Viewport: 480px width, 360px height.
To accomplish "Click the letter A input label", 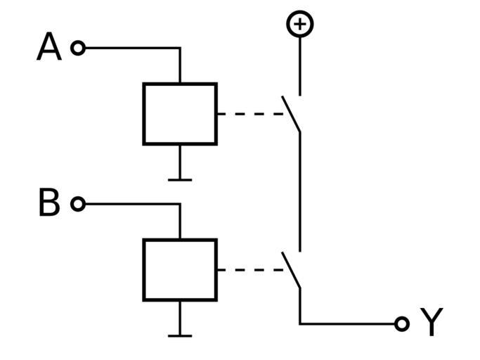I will [48, 48].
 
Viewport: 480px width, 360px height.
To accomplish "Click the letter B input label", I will [48, 204].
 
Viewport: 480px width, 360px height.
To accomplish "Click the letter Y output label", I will [432, 323].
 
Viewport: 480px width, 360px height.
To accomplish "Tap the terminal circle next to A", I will [78, 48].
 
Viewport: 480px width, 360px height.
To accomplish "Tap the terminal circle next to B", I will [78, 204].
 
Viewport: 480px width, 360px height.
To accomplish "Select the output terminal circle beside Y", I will [401, 323].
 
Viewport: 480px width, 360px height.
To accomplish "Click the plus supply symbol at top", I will [300, 25].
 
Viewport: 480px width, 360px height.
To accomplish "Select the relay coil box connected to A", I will [180, 114].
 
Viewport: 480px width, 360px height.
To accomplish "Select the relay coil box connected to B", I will [180, 269].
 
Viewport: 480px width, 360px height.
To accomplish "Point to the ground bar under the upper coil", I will [180, 180].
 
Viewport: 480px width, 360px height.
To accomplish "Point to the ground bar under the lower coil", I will [180, 335].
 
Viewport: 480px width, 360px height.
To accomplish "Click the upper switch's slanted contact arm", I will [292, 114].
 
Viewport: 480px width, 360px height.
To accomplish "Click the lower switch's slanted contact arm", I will [292, 270].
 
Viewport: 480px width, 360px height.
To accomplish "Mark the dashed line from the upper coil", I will [249, 114].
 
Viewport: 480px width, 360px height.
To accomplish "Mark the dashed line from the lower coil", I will [249, 269].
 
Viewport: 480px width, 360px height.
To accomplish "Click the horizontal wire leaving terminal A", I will [130, 48].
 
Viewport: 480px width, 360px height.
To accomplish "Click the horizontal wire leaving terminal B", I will [130, 204].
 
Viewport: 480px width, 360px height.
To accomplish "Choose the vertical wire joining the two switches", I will [300, 190].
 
